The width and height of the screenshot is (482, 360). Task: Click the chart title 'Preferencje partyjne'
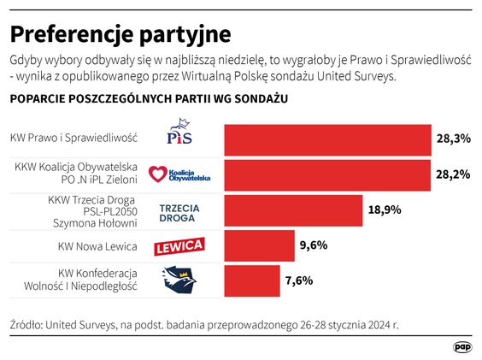120,34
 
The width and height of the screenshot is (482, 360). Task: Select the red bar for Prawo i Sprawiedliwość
327,139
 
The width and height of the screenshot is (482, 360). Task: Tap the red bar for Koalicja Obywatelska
327,174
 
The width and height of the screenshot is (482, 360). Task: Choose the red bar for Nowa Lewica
259,245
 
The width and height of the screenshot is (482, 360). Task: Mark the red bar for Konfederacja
251,280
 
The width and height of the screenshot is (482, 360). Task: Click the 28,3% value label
455,139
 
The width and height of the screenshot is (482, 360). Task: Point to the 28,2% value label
455,174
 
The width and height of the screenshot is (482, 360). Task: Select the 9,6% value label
314,245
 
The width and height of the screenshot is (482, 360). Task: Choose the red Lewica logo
178,247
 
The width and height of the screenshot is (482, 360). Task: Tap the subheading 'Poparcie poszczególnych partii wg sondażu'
148,99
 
